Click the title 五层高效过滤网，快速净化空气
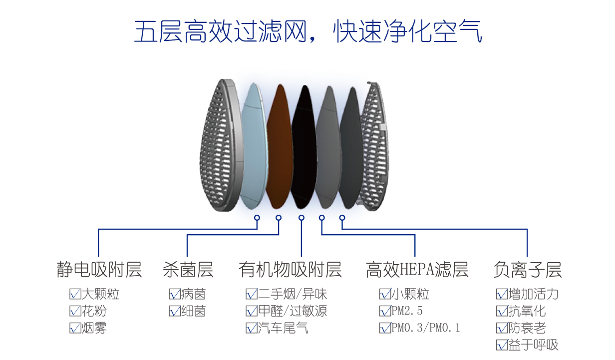point(308,31)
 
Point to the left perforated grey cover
point(221,145)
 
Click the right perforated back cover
point(374,145)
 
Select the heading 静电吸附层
point(99,270)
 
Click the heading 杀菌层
point(188,270)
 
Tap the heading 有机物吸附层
point(290,270)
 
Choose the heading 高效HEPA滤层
point(417,270)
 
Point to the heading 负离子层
point(528,270)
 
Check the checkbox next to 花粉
point(75,311)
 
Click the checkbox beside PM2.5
point(385,311)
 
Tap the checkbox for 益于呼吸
point(502,345)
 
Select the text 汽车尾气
point(283,328)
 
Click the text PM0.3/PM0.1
point(425,328)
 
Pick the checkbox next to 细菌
point(175,311)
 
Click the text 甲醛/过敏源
point(293,311)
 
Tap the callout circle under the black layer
point(302,218)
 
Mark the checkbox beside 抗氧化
point(502,311)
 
